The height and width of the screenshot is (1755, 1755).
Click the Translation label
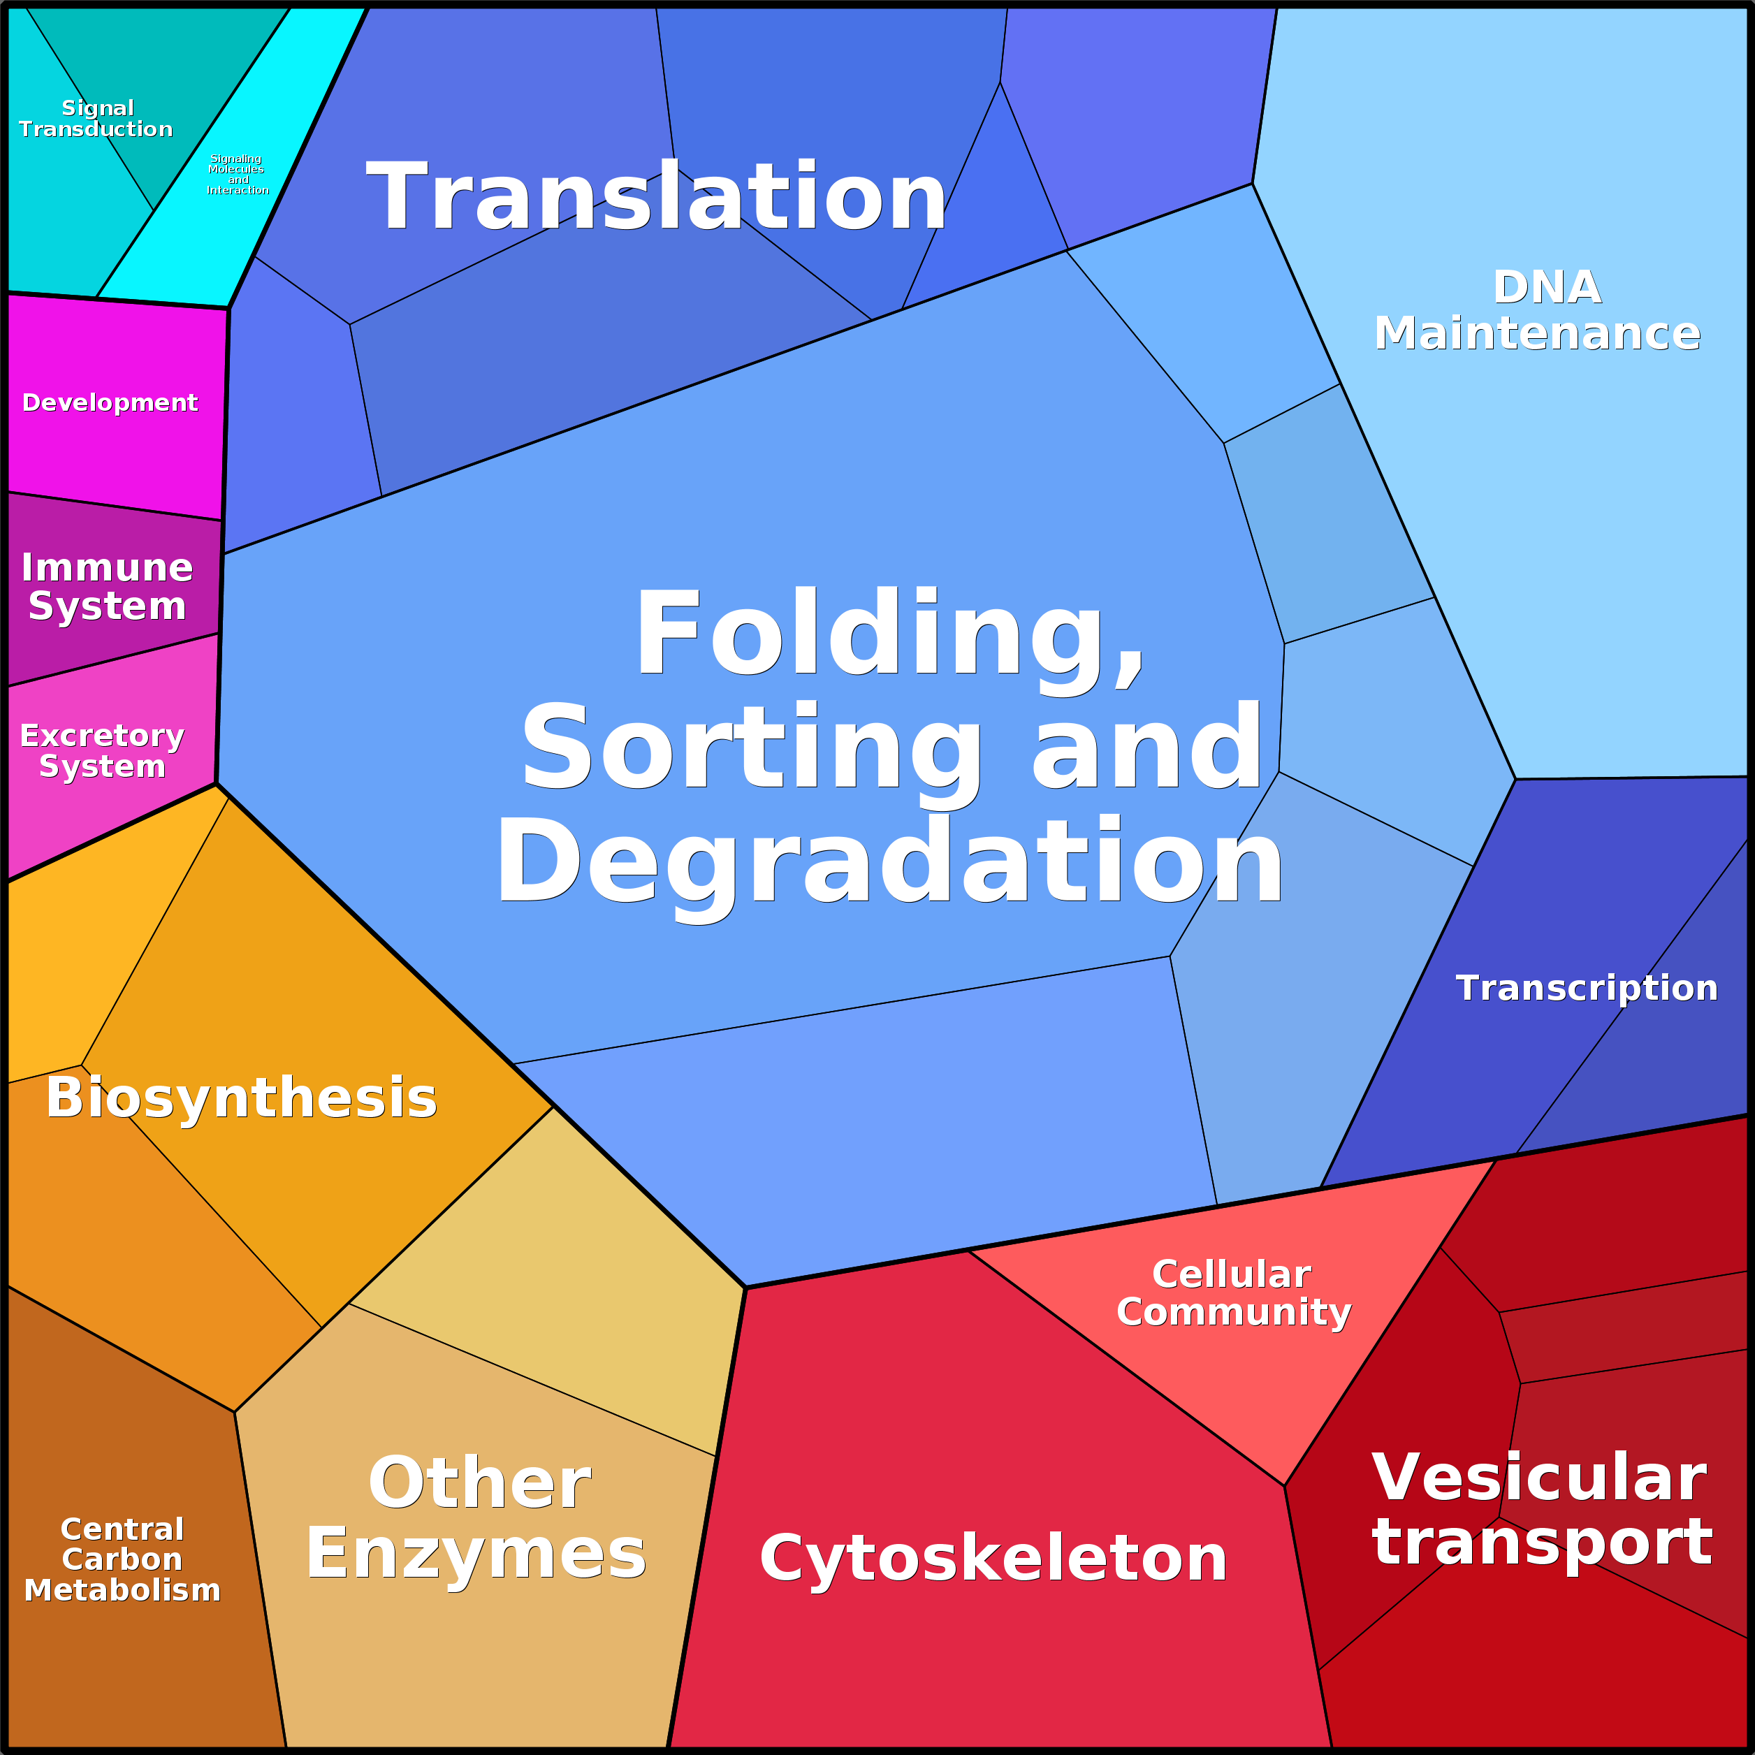(x=656, y=197)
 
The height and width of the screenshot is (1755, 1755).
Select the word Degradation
(x=889, y=862)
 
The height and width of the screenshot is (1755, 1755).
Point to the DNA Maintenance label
(x=1536, y=311)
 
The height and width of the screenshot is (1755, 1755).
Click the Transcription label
(x=1586, y=989)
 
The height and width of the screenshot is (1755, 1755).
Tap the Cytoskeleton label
(x=993, y=1559)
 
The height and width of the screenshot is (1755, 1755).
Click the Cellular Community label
(x=1232, y=1292)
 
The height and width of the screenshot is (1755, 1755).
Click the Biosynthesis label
(x=242, y=1098)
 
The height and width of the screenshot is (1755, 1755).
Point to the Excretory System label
(x=102, y=750)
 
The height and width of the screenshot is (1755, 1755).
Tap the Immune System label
(x=107, y=587)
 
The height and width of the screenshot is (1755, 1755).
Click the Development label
(x=109, y=402)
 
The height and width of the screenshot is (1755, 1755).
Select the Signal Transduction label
(x=96, y=119)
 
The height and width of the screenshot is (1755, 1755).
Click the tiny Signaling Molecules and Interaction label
(x=237, y=175)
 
